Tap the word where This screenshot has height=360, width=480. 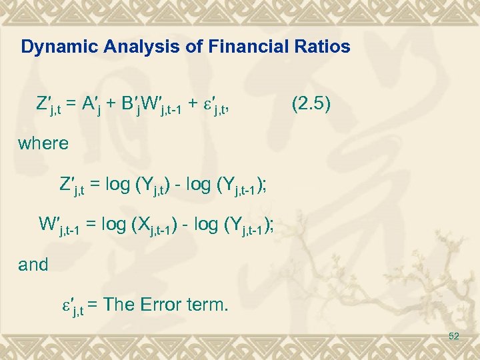43,143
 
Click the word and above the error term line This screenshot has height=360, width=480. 33,265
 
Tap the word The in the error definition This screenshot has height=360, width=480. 121,306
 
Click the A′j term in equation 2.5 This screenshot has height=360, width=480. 93,105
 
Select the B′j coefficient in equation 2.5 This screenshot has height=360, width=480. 130,105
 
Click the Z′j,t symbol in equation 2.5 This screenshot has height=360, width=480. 50,105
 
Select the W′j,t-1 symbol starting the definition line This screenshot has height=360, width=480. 63,226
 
